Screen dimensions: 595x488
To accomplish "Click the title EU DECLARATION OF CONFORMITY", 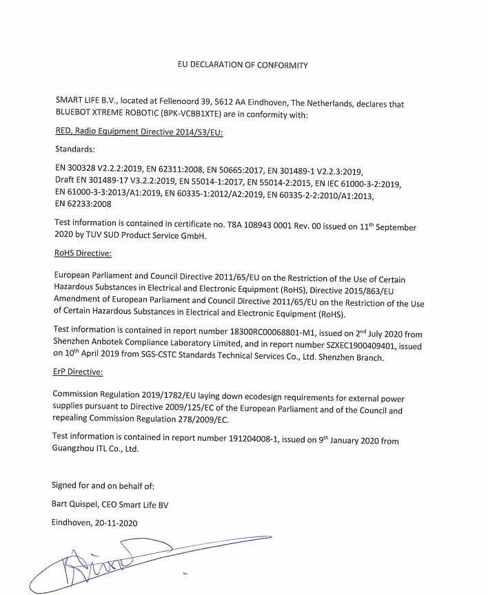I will [x=243, y=65].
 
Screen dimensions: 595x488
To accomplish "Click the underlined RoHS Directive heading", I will [x=82, y=253].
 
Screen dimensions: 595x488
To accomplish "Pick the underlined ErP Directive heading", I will [x=78, y=372].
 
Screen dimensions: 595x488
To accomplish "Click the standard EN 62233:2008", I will [x=81, y=204].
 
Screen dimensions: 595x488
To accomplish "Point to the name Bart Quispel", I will [x=77, y=505].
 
